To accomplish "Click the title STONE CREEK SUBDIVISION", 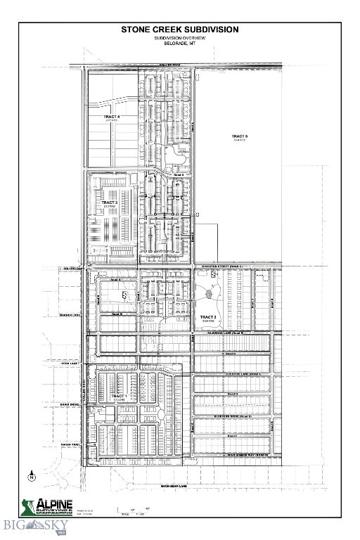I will point(180,30).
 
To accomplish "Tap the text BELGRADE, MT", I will point(180,44).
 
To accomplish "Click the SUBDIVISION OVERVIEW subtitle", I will point(180,38).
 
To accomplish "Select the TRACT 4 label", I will point(112,117).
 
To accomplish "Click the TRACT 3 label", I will point(109,202).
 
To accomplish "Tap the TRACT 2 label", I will point(208,318).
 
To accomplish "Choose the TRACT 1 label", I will point(119,397).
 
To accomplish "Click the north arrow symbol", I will point(32,476).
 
